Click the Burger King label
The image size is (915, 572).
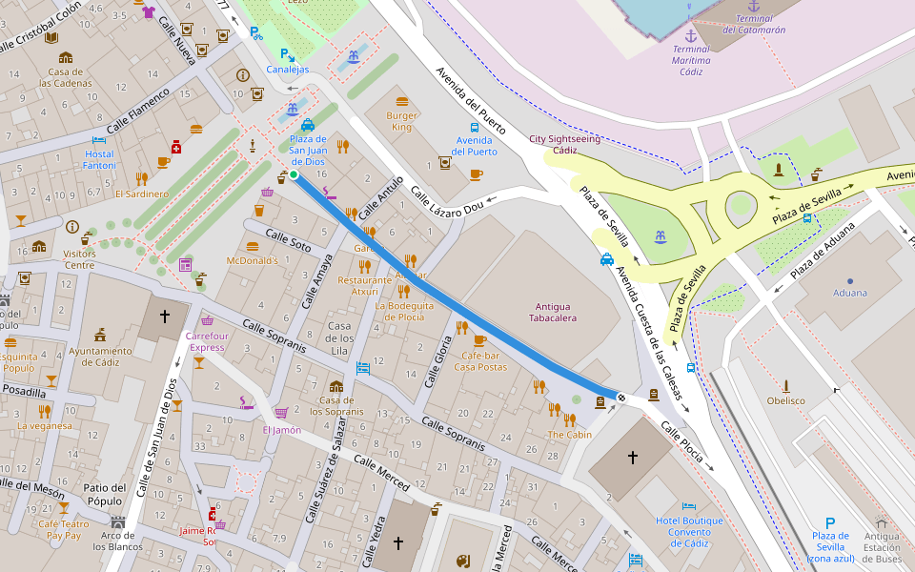click(401, 121)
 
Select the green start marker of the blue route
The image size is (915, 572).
click(294, 174)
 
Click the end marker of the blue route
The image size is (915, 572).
click(621, 398)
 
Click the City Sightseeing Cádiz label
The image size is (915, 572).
click(564, 144)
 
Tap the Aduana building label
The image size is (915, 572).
click(850, 293)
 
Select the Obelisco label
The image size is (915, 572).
click(786, 400)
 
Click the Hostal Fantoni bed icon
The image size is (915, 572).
click(99, 141)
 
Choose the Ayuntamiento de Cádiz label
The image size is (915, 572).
click(100, 357)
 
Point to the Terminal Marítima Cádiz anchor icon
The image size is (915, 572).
click(692, 35)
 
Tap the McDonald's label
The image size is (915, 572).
click(253, 260)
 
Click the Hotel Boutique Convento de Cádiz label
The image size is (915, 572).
click(689, 532)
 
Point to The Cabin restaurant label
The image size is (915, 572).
click(569, 435)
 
